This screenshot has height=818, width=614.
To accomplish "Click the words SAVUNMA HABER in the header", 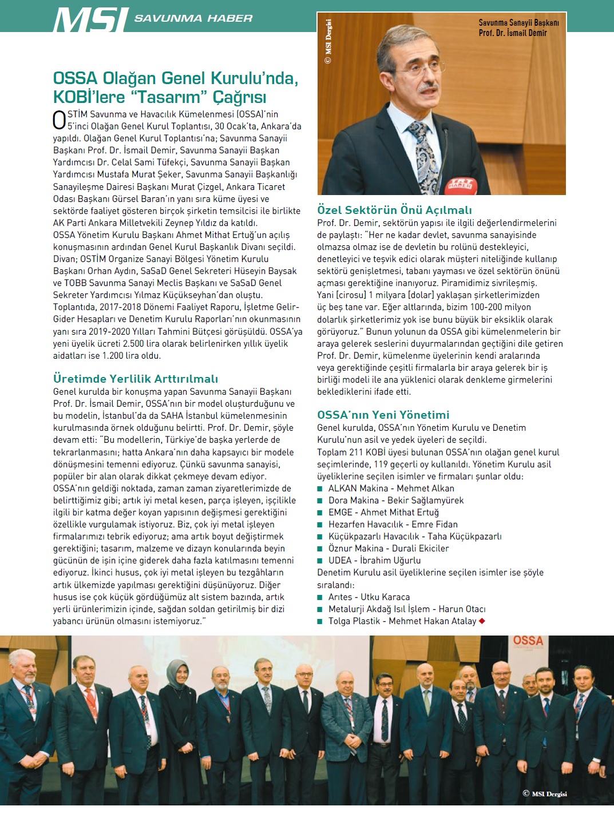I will (193, 18).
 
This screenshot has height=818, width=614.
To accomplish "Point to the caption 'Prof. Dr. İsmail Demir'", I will (513, 33).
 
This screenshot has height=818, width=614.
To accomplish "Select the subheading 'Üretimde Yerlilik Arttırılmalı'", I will (136, 379).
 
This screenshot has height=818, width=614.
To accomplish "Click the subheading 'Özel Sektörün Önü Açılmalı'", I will (394, 210).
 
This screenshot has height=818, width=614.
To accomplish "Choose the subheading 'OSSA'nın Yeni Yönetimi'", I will (383, 415).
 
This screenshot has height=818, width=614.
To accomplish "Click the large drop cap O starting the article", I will (60, 120).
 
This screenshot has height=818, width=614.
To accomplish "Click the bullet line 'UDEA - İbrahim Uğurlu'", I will (374, 560).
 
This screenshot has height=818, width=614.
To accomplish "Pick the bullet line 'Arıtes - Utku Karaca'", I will (369, 597).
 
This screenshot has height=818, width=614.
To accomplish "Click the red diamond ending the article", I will (482, 621).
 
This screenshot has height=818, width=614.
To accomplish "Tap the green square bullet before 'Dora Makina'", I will (320, 501).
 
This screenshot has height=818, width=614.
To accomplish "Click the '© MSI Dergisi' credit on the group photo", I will (544, 793).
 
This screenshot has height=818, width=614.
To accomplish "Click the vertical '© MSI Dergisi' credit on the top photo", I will (328, 41).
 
